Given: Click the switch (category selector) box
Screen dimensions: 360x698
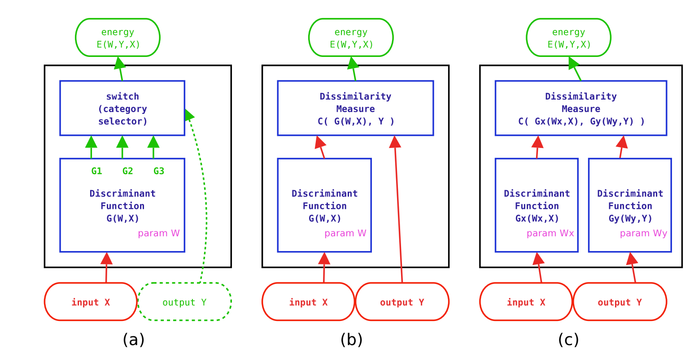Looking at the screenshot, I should [x=122, y=108].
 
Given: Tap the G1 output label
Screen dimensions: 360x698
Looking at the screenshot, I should [x=96, y=171].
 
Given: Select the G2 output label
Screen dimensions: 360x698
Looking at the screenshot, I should [x=127, y=171].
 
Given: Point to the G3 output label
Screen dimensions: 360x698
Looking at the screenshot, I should [x=159, y=171].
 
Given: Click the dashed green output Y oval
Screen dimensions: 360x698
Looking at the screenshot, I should [x=184, y=302].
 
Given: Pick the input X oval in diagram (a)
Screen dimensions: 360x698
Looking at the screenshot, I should [x=91, y=302].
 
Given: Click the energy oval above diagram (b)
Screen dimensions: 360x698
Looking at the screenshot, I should [x=351, y=38].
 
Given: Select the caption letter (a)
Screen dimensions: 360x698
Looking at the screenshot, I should [x=133, y=340].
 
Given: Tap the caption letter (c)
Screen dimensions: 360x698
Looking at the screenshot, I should [x=568, y=340].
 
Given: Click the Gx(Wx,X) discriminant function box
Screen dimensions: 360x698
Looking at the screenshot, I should [x=537, y=205].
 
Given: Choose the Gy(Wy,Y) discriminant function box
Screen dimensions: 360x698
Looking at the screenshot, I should [x=630, y=205].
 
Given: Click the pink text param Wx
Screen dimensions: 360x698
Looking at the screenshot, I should [x=550, y=234].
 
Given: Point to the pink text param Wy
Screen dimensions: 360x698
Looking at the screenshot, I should [x=643, y=234].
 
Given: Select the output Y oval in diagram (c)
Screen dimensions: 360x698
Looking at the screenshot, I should [x=619, y=302].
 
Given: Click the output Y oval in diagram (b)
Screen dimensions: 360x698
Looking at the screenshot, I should [x=402, y=302].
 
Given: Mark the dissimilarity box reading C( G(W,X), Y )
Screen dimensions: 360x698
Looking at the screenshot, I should [x=355, y=108].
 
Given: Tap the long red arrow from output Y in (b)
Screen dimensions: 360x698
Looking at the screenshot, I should [x=398, y=211].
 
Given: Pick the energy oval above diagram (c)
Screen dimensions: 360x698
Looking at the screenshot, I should [x=568, y=38].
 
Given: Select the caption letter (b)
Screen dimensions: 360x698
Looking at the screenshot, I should [x=351, y=340].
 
